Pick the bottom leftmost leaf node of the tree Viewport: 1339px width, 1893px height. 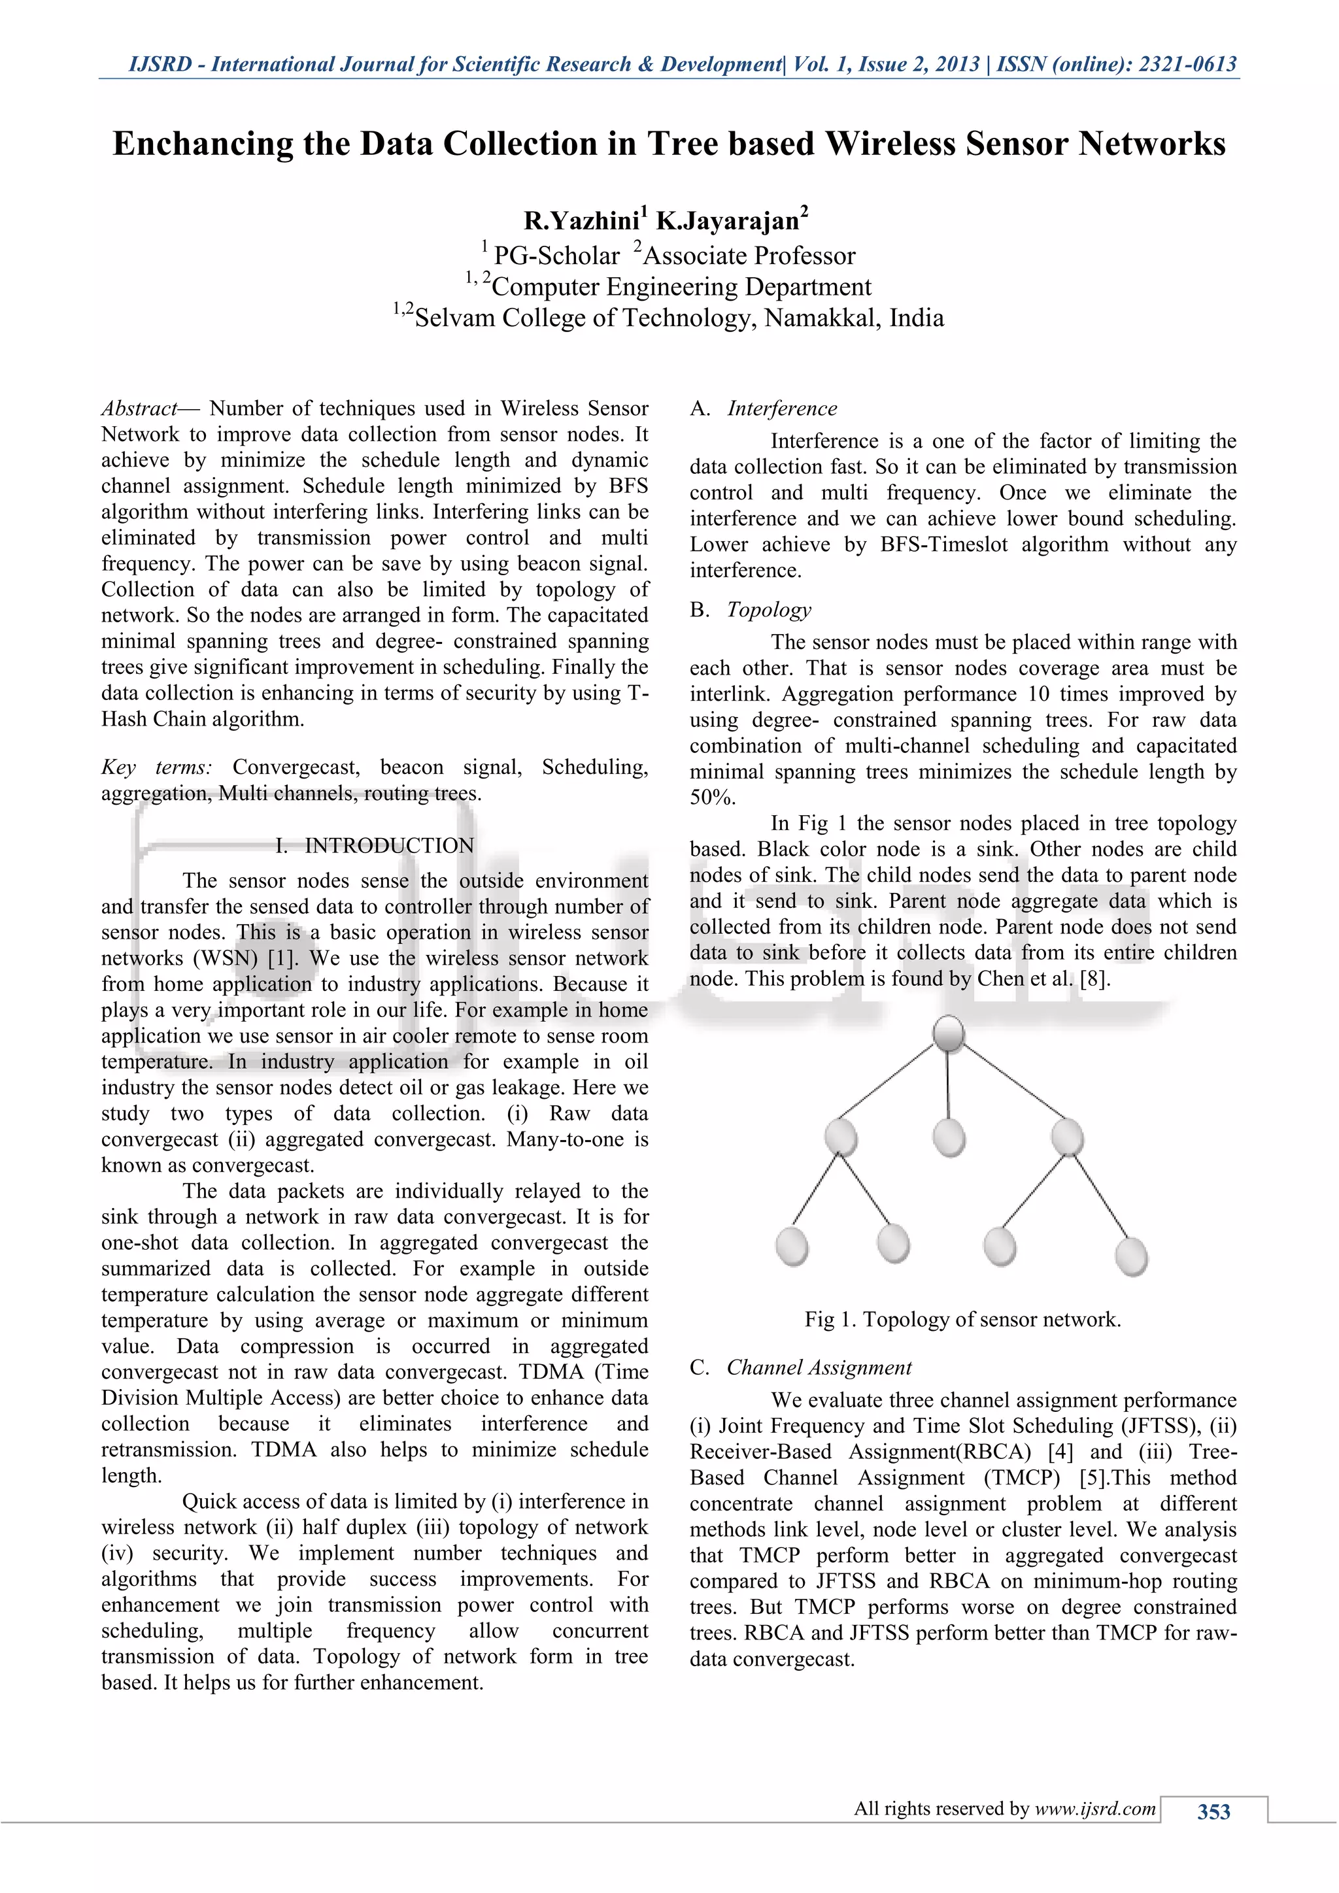point(792,1246)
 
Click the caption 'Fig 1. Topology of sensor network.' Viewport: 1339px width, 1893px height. point(962,1320)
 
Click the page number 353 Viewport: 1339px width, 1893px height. point(1213,1811)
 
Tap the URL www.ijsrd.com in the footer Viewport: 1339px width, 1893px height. point(1095,1809)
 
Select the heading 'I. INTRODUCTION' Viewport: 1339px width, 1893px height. point(375,846)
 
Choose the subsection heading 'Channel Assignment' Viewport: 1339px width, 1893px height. point(818,1368)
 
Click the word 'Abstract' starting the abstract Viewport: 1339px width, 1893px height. point(139,409)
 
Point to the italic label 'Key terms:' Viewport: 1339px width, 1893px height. point(157,767)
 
